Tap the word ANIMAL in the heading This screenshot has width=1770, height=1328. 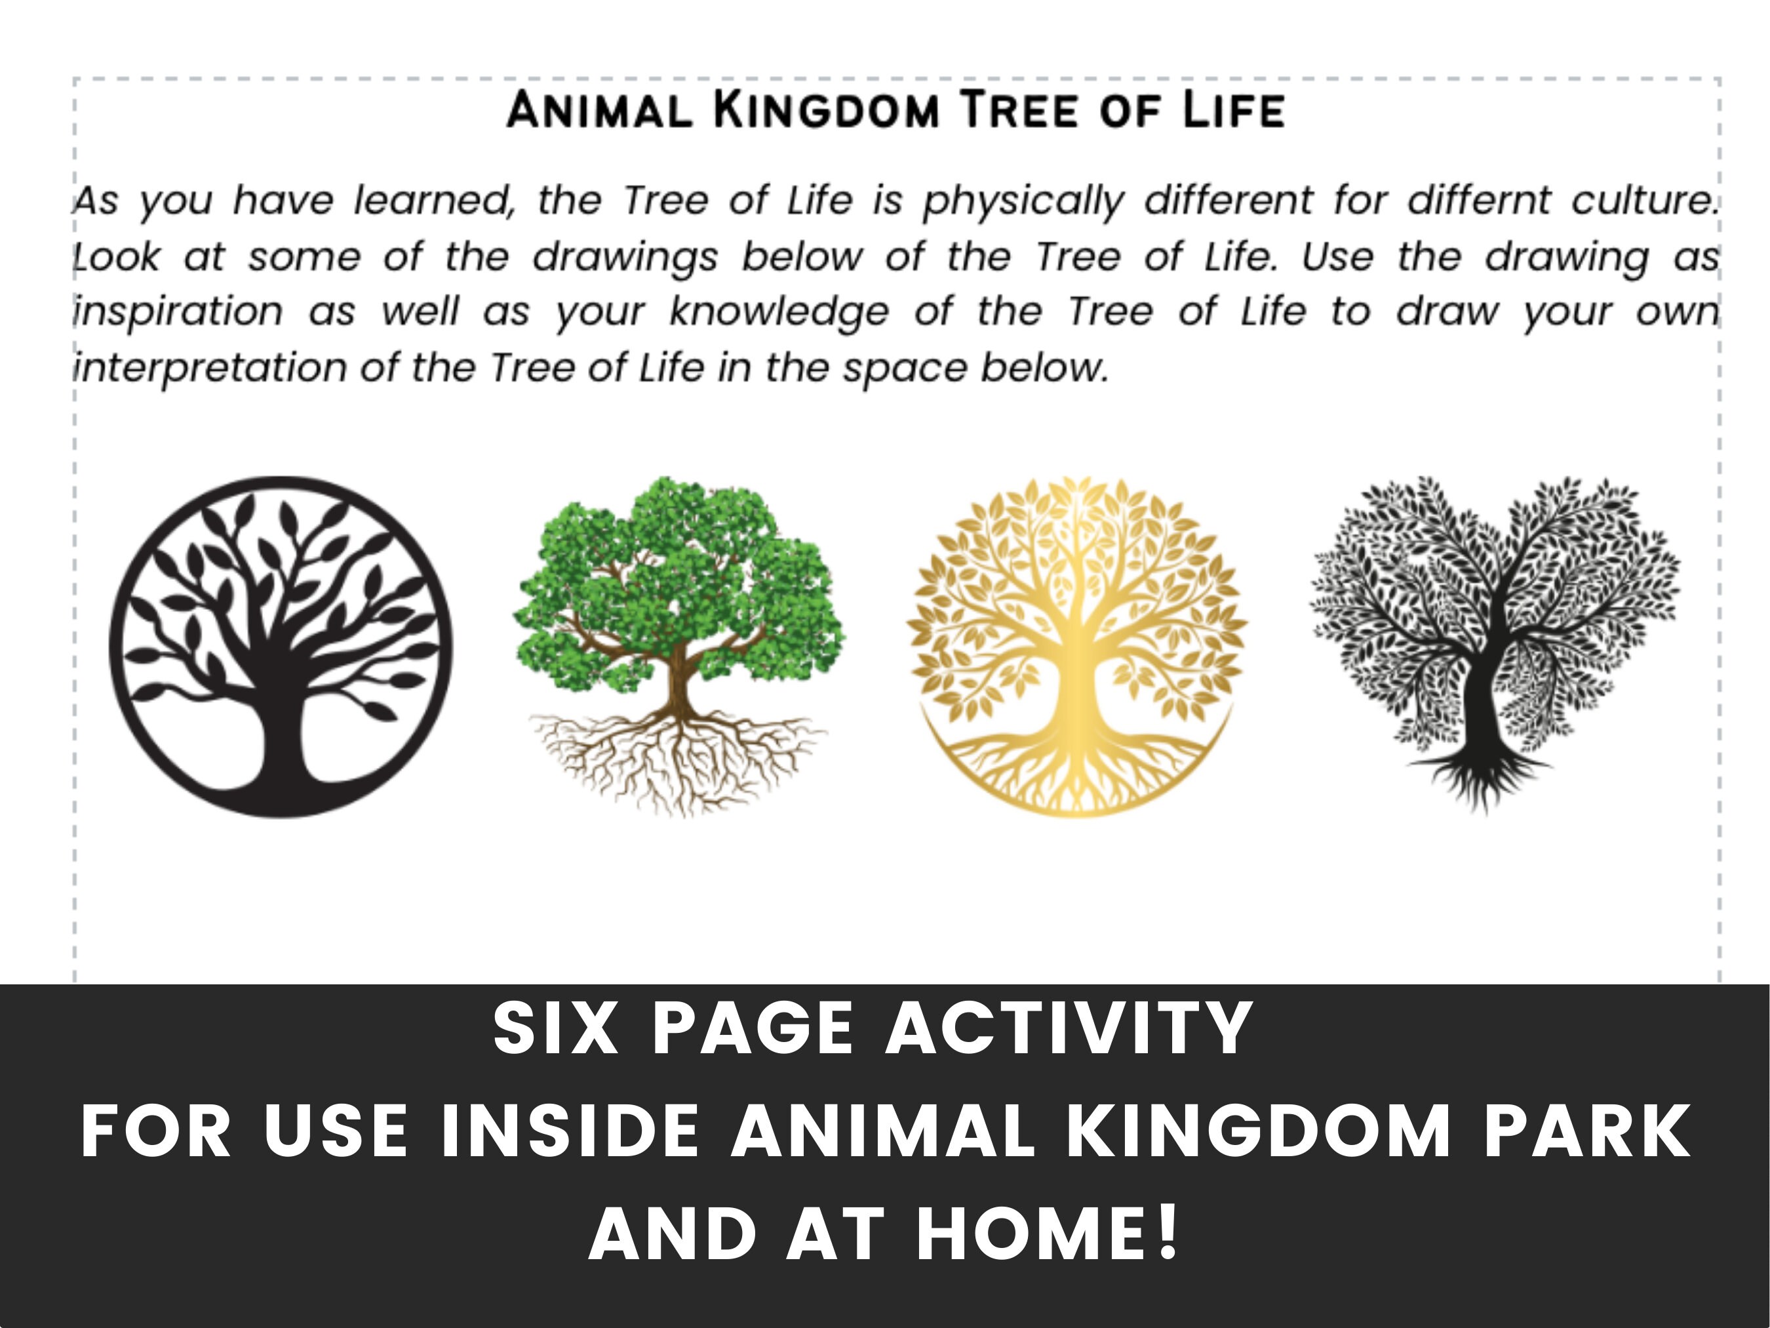point(599,110)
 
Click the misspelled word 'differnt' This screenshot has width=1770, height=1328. point(1479,200)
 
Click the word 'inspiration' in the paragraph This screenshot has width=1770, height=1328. point(178,312)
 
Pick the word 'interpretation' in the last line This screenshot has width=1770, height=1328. point(210,368)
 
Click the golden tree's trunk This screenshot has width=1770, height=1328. point(1077,689)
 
